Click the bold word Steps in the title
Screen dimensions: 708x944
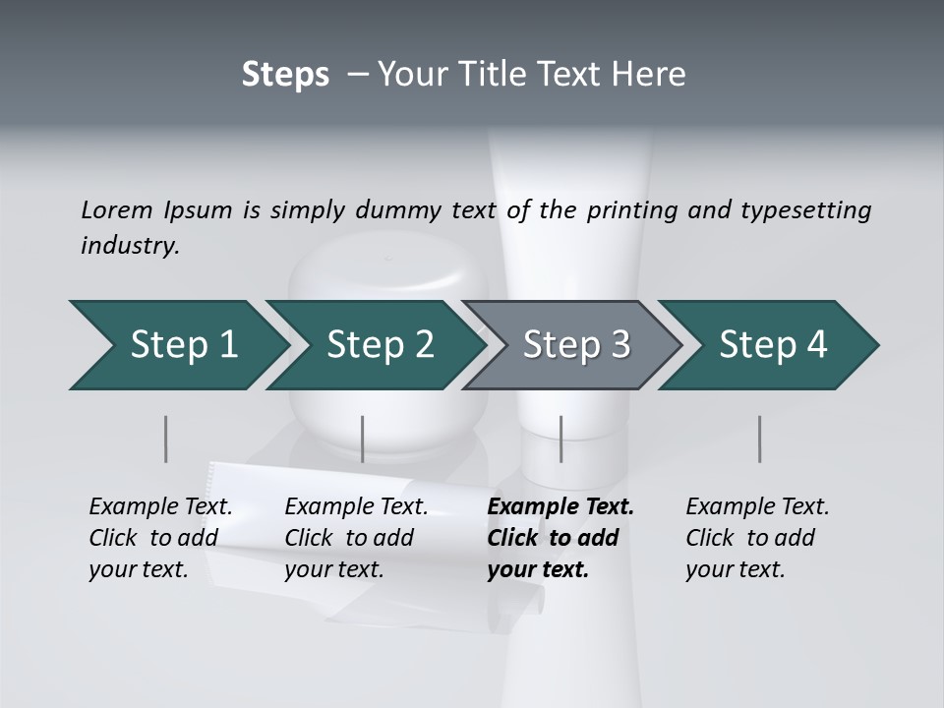(285, 75)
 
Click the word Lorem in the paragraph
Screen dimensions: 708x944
(117, 209)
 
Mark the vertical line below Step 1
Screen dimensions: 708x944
(166, 439)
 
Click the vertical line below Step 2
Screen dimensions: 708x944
(363, 439)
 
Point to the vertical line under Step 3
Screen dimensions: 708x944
(560, 439)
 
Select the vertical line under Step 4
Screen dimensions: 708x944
(759, 439)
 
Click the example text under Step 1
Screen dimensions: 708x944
(160, 538)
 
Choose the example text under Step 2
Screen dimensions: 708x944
(356, 538)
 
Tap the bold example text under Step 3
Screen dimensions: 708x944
(560, 538)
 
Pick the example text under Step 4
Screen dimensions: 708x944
(756, 538)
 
